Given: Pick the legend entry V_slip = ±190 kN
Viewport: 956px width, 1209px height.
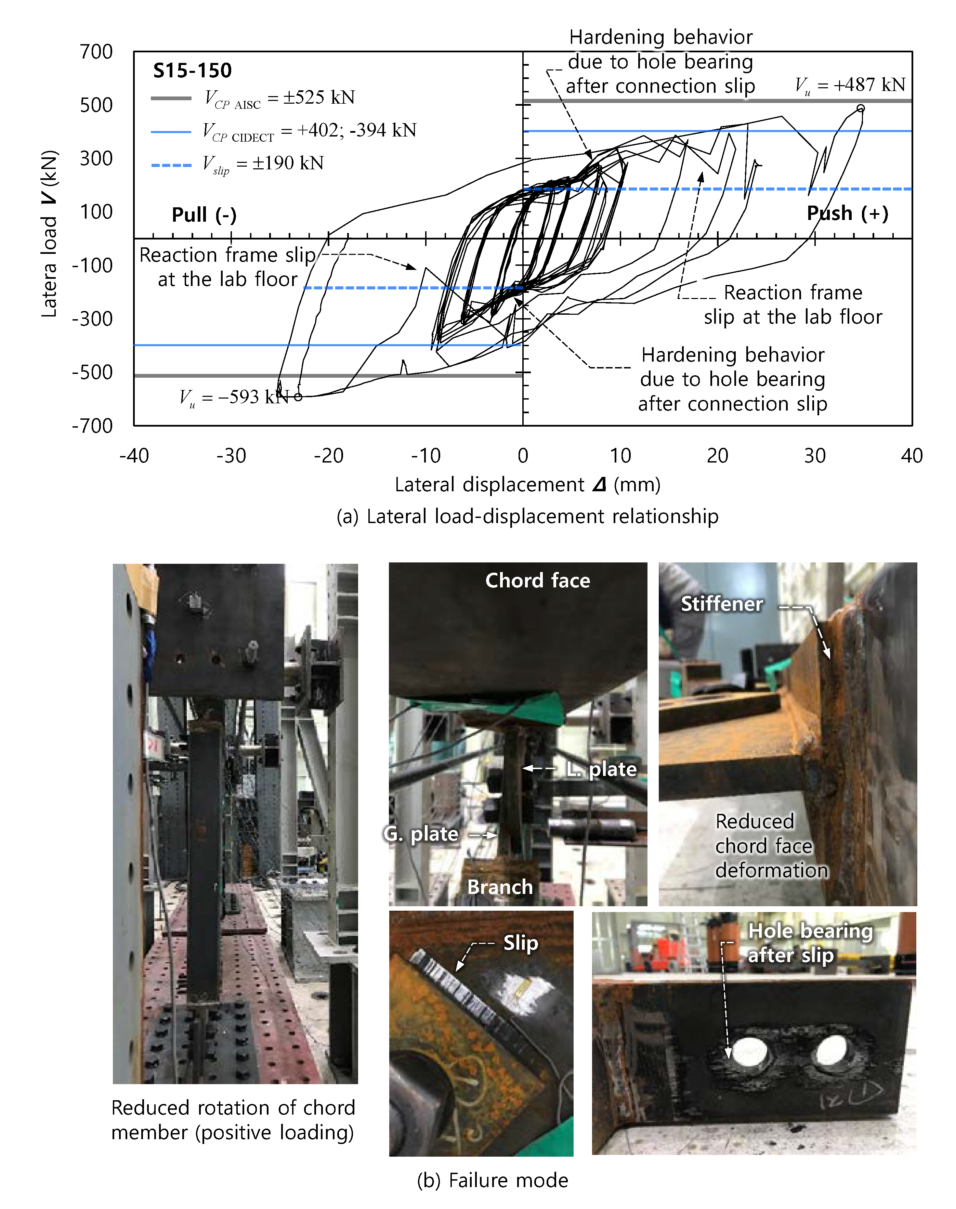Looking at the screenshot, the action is click(263, 164).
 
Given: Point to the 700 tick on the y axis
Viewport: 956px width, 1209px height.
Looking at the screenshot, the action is click(96, 52).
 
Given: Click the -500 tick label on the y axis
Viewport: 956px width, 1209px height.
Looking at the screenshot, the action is click(92, 372).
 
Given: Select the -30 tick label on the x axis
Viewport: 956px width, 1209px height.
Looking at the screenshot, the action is click(231, 456).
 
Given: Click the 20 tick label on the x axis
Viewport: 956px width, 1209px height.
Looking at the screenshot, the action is click(718, 456).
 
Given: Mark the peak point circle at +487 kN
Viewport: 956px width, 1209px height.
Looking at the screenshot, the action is click(861, 108).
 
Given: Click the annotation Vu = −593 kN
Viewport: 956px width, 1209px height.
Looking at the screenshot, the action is click(234, 398).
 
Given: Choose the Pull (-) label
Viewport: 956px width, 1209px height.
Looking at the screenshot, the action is click(204, 215).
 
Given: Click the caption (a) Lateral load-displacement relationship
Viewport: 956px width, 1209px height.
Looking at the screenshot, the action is click(527, 516).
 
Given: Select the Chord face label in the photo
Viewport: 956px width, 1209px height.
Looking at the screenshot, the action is click(537, 581).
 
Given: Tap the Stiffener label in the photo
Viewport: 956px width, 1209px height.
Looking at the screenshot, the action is click(721, 604).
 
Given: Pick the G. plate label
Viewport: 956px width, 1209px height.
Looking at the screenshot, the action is click(421, 834).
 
